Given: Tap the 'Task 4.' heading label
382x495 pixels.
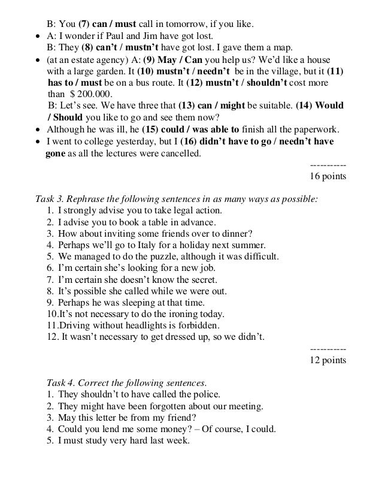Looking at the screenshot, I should pos(62,382).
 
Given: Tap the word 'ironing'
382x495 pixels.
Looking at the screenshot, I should pos(181,314).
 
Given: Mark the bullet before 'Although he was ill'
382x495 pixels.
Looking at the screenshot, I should pos(38,130).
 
